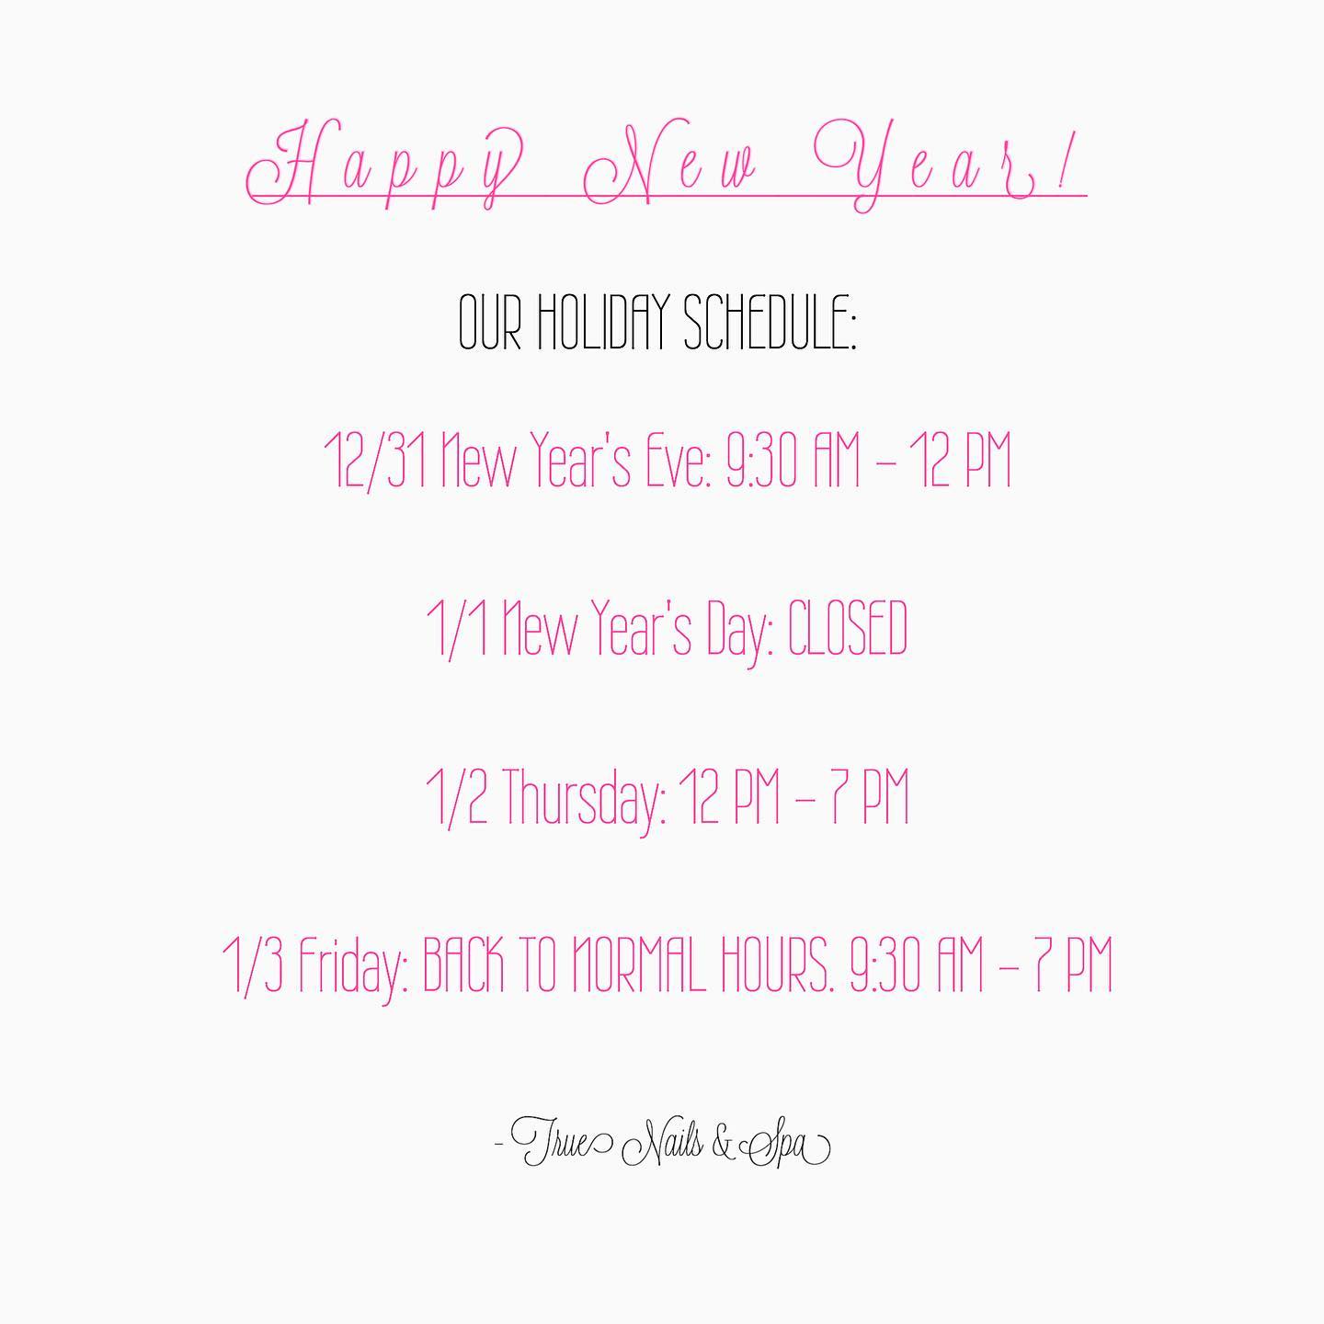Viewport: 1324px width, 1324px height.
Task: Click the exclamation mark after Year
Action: pyautogui.click(x=1065, y=163)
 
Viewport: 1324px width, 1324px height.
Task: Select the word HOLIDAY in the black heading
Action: pyautogui.click(x=600, y=321)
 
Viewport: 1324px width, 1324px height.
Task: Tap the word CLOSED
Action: pyautogui.click(x=847, y=627)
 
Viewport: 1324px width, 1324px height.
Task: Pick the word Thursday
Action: pyautogui.click(x=583, y=798)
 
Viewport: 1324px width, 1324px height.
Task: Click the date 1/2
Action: pyautogui.click(x=457, y=797)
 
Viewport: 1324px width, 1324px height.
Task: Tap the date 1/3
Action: pyautogui.click(x=253, y=965)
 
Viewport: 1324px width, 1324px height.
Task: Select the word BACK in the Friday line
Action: pyautogui.click(x=463, y=964)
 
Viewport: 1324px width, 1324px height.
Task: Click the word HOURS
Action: pyautogui.click(x=772, y=964)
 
